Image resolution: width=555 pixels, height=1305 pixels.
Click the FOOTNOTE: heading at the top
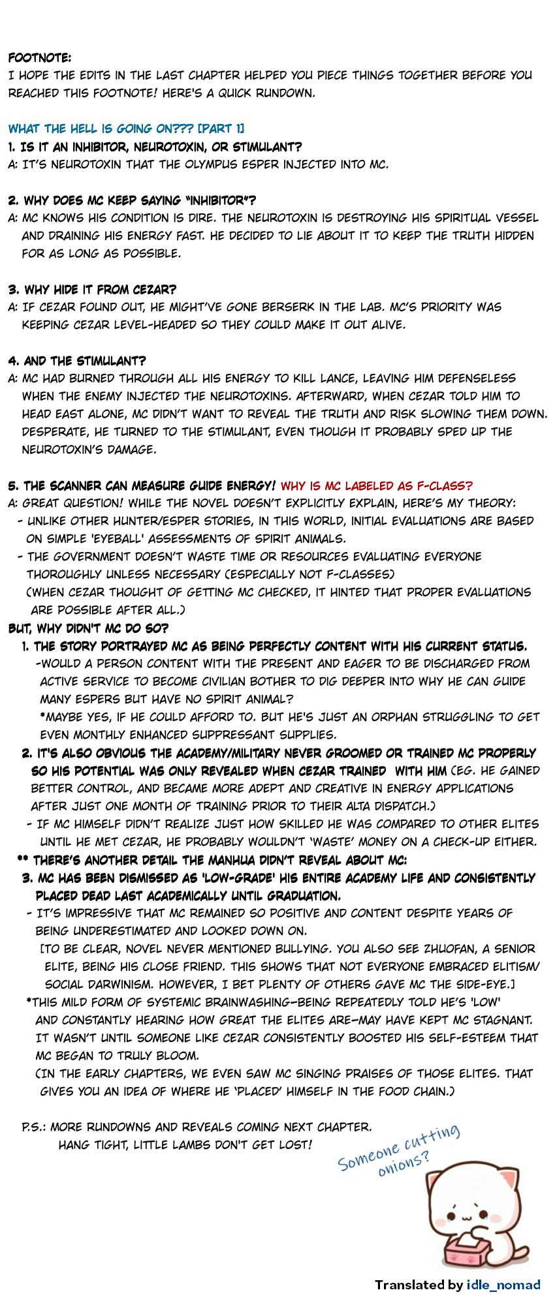coord(40,58)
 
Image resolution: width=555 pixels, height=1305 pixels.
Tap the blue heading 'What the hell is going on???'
coord(127,129)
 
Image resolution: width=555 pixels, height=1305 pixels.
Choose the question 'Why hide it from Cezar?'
coord(92,289)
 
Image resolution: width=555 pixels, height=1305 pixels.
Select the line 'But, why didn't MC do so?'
coord(88,628)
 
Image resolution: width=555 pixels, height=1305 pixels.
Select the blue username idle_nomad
coord(503,1285)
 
